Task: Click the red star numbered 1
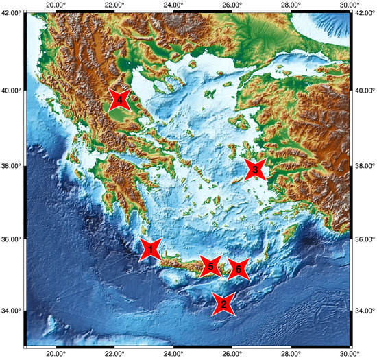coord(151,250)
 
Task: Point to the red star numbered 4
coord(120,101)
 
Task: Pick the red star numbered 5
coord(211,266)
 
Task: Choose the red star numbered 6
coord(239,269)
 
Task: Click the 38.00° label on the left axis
coord(11,166)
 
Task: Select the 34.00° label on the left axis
coord(11,311)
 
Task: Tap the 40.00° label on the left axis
coord(11,90)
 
